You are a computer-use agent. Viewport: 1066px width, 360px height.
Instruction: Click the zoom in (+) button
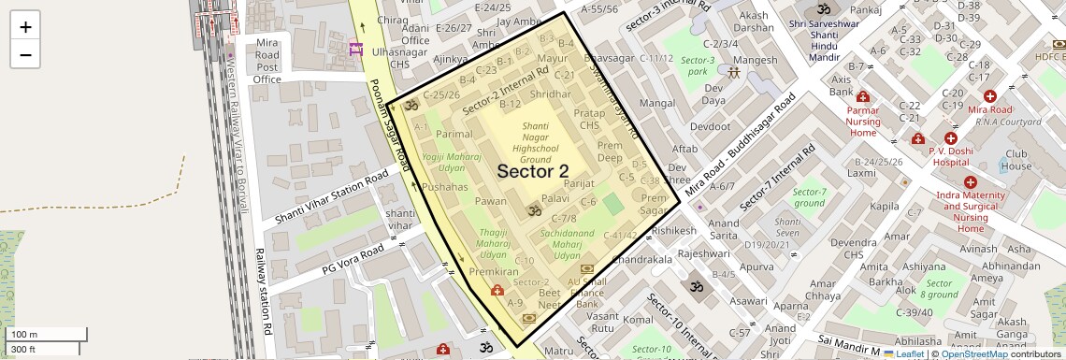click(x=25, y=26)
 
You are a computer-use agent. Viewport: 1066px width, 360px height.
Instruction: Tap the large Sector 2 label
click(x=532, y=171)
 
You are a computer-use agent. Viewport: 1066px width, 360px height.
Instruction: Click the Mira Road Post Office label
click(x=267, y=61)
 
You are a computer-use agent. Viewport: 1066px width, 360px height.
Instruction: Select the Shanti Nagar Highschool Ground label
click(x=536, y=142)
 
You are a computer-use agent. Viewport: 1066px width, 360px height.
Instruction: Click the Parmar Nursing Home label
click(x=863, y=122)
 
